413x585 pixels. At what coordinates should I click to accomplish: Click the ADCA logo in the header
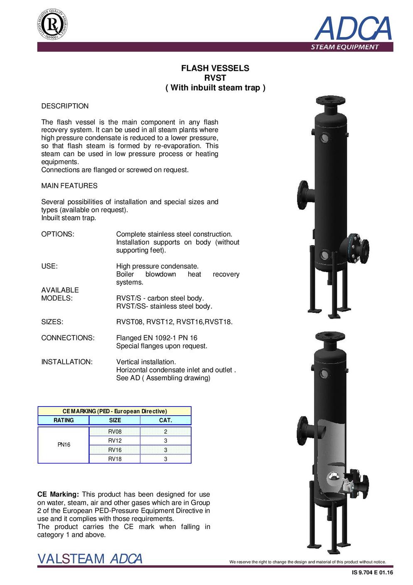click(353, 29)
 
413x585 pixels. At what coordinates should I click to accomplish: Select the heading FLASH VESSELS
click(215, 68)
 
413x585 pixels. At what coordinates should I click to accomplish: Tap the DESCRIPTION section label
click(65, 106)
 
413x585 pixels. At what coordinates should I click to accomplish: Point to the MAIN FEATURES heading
click(69, 186)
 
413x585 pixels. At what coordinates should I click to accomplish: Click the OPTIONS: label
click(58, 234)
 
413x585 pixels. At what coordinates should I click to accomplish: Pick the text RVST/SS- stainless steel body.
click(164, 306)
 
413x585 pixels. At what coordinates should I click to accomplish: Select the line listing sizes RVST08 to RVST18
click(174, 322)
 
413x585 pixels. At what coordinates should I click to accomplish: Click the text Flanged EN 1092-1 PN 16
click(157, 338)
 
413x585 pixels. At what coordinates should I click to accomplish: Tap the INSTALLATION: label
click(67, 362)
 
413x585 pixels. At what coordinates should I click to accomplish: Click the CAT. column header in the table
click(165, 420)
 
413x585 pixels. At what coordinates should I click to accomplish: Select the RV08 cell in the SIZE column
click(115, 431)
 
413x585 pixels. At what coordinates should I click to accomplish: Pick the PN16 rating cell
click(64, 445)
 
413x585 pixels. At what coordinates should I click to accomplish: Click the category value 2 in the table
click(165, 431)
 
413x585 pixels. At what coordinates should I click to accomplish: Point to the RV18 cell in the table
click(115, 459)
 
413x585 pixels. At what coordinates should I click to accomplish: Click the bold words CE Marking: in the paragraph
click(58, 495)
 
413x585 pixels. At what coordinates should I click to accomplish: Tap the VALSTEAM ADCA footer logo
click(90, 559)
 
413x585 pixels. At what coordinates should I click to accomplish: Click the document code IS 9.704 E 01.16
click(372, 573)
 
